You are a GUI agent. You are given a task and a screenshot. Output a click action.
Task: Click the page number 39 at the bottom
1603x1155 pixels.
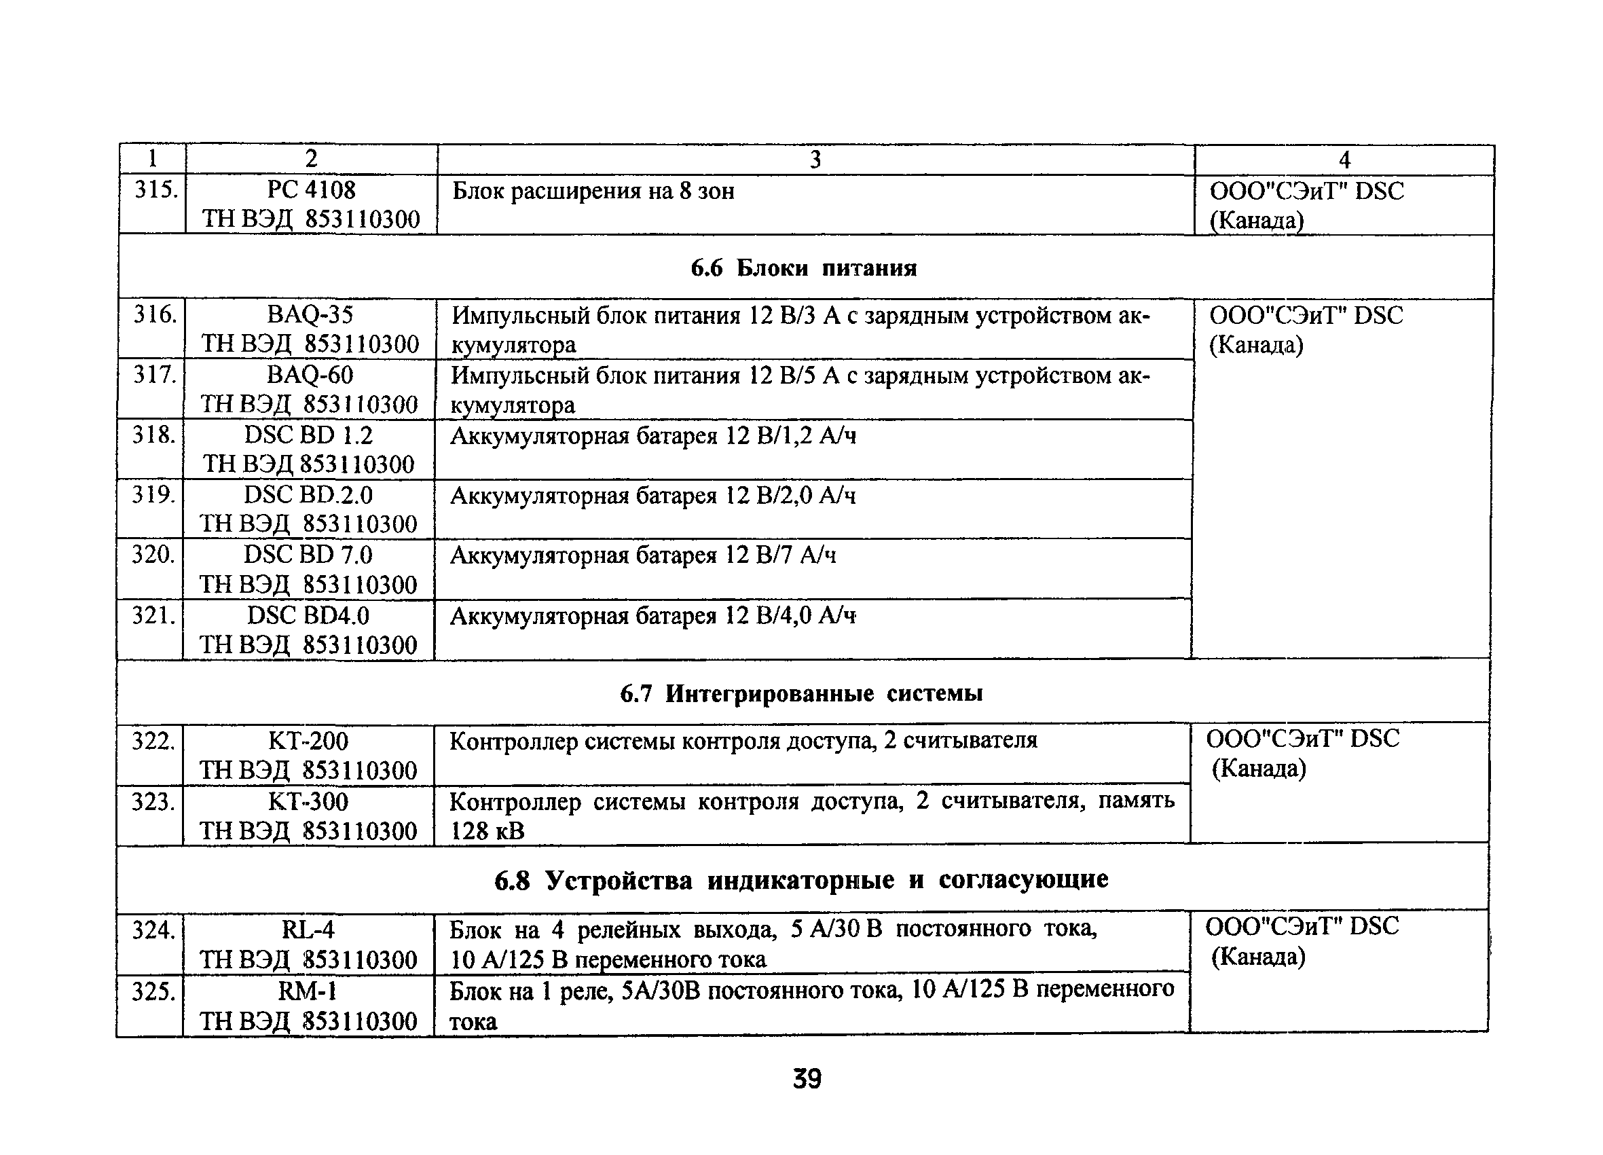tap(807, 1080)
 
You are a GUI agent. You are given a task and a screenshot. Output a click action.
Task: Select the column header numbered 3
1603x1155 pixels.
tap(815, 160)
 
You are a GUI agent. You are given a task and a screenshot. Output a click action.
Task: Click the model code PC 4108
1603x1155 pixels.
tap(311, 189)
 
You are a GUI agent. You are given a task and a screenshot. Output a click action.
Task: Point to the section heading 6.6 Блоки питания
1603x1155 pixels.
tap(804, 268)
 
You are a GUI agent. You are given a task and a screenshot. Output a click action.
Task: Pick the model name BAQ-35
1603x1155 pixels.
tap(310, 314)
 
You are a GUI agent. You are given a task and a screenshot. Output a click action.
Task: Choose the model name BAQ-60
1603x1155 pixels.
tap(310, 375)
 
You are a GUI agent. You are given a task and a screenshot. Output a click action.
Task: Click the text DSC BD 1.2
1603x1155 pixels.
tap(308, 435)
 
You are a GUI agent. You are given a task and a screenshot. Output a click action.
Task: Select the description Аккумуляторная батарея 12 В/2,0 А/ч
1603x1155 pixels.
tap(652, 496)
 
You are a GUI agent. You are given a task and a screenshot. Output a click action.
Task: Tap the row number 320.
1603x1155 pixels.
tap(153, 555)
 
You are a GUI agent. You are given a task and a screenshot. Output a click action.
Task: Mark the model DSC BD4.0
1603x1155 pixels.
tap(308, 616)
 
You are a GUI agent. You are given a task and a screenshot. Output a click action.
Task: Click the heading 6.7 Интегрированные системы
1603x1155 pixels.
tap(800, 694)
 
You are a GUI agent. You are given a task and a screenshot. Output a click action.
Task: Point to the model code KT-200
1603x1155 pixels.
tap(308, 741)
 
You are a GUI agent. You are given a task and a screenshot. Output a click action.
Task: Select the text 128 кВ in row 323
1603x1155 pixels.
tap(487, 830)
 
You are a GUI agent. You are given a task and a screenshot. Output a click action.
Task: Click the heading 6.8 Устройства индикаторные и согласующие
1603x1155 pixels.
tap(800, 880)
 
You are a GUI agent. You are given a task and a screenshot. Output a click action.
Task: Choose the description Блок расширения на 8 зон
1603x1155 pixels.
tap(593, 191)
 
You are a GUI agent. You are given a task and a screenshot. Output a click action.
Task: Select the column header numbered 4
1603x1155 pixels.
tap(1344, 160)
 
